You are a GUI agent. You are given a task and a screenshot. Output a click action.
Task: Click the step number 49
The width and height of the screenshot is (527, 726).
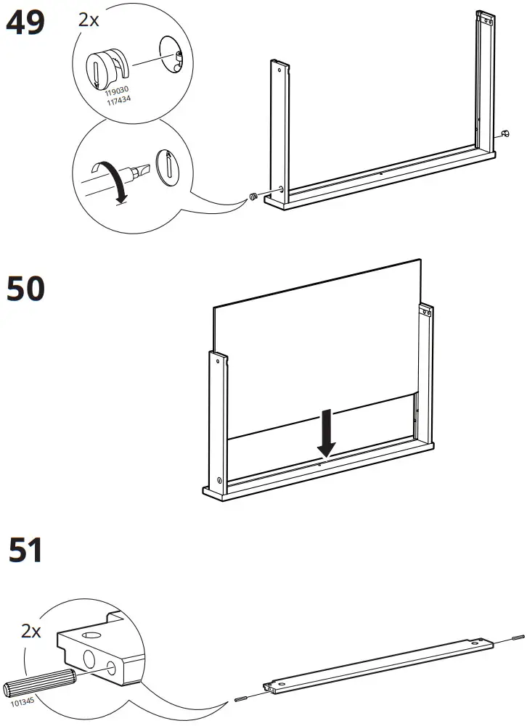25,23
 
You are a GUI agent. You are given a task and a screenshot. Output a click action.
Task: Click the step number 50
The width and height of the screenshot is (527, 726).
25,289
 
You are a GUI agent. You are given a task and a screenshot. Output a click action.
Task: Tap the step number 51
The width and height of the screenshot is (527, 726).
25,550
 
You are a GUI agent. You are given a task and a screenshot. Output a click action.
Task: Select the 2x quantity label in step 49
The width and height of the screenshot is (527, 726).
89,20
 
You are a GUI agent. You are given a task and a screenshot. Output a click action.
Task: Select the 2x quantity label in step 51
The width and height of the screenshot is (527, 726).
31,631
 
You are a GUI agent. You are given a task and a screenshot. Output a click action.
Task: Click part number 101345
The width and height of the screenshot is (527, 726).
23,703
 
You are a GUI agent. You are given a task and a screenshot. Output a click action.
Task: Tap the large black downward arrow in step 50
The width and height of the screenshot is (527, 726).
327,432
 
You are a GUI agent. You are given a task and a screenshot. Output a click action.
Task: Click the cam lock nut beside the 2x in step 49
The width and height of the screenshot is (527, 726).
106,70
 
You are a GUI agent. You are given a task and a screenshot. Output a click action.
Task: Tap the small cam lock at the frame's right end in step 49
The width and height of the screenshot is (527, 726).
503,133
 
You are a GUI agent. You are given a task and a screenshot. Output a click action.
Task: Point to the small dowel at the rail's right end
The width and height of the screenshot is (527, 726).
517,638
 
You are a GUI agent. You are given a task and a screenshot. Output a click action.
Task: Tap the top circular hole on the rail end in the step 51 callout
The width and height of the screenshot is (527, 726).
91,635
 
